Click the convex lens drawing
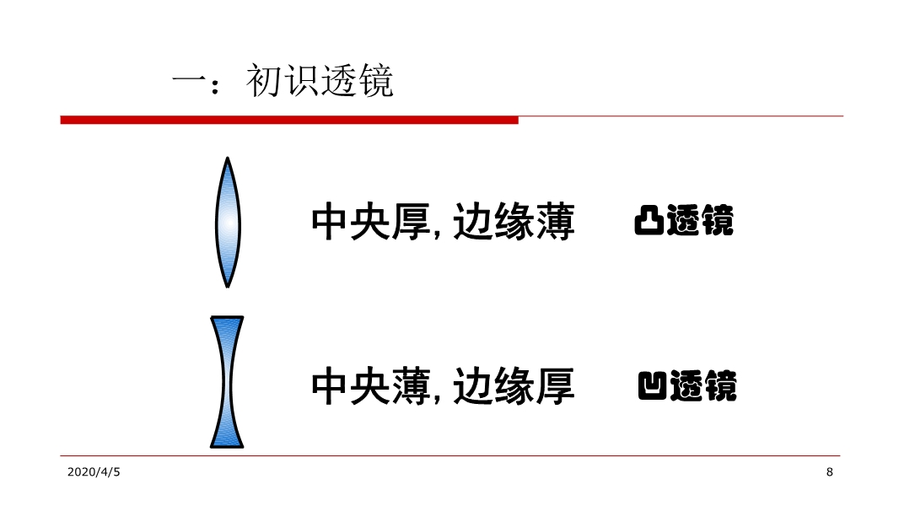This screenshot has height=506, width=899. [228, 223]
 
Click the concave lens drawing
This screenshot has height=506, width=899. [227, 382]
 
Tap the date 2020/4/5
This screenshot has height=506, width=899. [94, 472]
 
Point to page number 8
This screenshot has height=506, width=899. [829, 472]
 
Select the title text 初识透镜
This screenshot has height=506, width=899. [320, 81]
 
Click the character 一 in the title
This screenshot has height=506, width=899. [189, 81]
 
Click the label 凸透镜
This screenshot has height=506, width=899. [684, 220]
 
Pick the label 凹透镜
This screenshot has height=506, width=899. [686, 385]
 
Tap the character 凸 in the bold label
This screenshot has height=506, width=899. [649, 220]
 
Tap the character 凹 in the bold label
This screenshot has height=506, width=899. [653, 385]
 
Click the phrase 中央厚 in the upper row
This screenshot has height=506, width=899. [371, 221]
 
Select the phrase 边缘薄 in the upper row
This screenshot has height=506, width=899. [514, 221]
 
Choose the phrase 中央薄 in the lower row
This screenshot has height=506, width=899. [371, 385]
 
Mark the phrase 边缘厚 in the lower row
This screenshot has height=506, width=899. [514, 385]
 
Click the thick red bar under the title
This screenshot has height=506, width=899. [289, 120]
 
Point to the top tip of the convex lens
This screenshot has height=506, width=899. [228, 157]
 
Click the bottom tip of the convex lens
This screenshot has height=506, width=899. [228, 287]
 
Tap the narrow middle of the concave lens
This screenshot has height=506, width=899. [227, 382]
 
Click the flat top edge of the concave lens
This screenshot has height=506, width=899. [227, 317]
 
